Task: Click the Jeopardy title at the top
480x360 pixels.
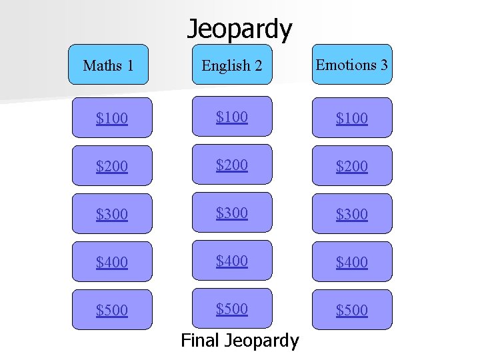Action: pos(239,29)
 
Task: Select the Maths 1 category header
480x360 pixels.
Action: pos(108,65)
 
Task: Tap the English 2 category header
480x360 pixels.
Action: pos(232,65)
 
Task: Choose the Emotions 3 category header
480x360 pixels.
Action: pos(352,65)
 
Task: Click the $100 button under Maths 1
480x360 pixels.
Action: pos(112,118)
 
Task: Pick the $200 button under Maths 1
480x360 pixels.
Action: pos(112,166)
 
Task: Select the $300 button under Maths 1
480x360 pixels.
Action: pos(112,214)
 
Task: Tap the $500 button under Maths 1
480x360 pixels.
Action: pos(112,310)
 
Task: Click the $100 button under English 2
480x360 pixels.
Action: pos(232,117)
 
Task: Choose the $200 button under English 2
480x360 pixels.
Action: pos(232,165)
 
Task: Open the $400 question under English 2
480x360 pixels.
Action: pos(232,261)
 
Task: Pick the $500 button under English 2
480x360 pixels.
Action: pos(232,309)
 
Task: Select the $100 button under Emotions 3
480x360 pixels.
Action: pos(352,118)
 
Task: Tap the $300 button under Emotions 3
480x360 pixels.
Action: pos(352,214)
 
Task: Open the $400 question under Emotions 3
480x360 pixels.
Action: pos(352,262)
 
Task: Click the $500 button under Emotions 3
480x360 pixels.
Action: pos(352,310)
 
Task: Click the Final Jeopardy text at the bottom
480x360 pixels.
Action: pos(240,341)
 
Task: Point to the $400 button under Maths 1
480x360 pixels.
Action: pos(112,262)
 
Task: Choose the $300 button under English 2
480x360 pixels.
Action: pos(232,213)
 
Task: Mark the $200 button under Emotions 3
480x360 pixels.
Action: pos(352,166)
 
